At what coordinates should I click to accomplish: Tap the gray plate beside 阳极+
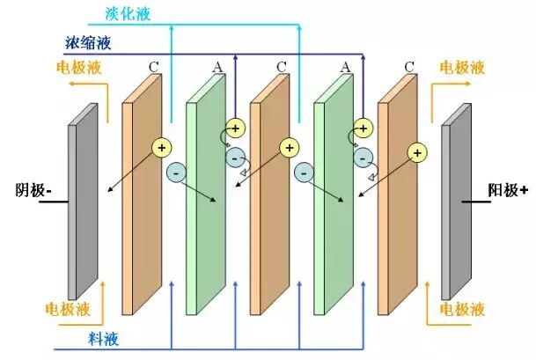[457, 202]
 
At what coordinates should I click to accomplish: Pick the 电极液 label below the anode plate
[462, 310]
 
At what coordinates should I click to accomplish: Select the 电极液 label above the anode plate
[462, 66]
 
